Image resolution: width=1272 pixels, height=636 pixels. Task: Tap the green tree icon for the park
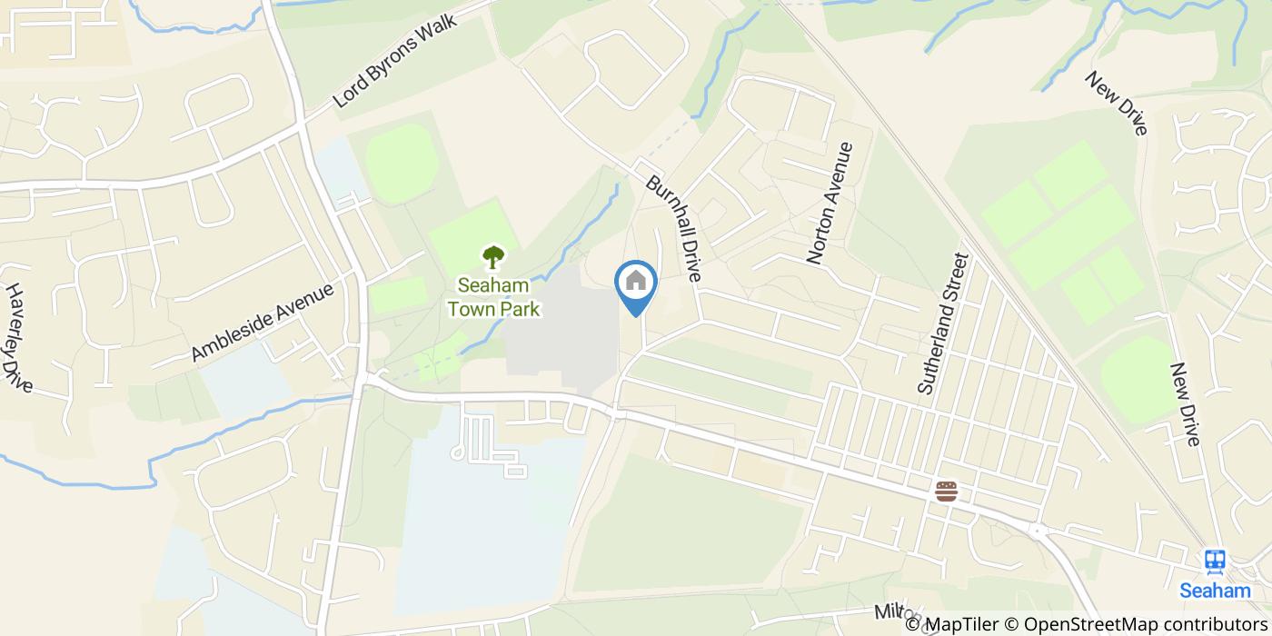pos(493,257)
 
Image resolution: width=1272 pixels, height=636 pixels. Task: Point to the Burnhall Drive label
pos(674,228)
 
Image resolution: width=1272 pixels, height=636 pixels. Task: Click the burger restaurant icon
pos(946,492)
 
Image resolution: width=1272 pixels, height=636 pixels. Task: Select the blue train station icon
pos(1215,562)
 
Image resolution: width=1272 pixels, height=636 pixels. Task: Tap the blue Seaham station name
pos(1215,591)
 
